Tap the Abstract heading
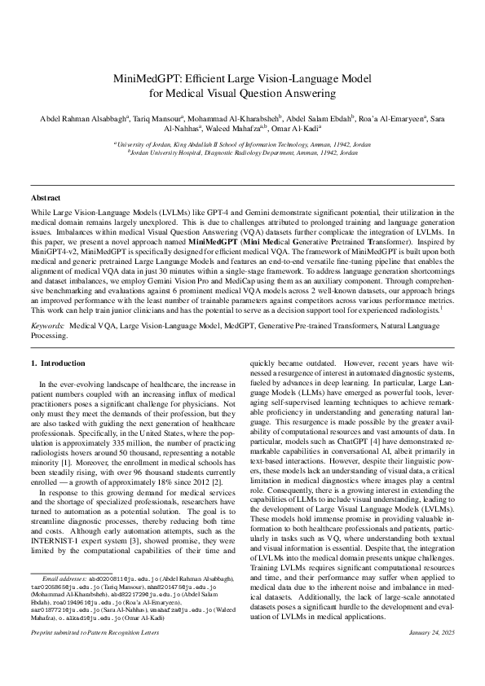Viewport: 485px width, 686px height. click(45, 198)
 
